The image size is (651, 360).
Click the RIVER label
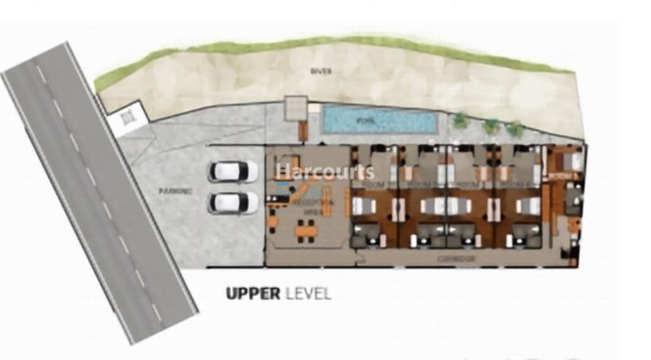(x=320, y=72)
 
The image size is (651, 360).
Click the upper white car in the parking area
(x=232, y=171)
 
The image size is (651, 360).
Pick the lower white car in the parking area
(x=232, y=203)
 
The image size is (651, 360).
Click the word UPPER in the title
(x=252, y=293)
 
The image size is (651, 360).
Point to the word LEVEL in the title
(x=308, y=293)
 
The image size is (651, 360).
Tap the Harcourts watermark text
(x=325, y=171)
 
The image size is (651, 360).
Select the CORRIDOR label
(x=456, y=259)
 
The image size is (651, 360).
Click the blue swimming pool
(x=379, y=120)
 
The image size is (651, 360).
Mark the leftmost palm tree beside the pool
(x=461, y=120)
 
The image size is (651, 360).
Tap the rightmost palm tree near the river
(x=515, y=130)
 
